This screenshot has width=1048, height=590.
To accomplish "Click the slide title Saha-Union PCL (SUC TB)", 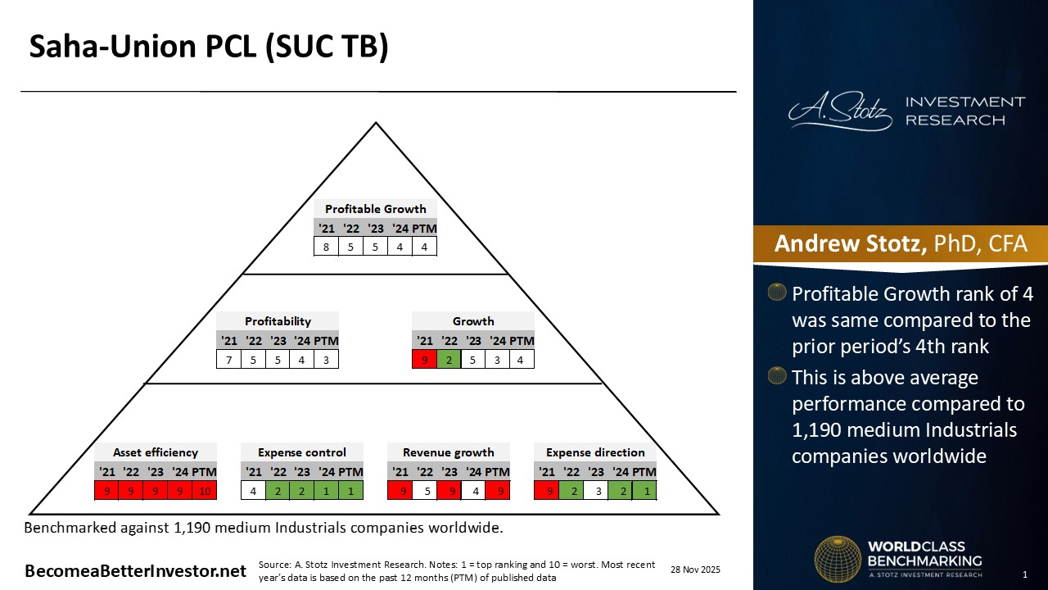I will [209, 48].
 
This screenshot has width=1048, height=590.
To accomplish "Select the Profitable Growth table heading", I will [375, 209].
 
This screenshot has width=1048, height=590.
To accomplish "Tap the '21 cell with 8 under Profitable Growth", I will [326, 246].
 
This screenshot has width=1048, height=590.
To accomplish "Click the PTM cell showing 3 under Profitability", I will [326, 359].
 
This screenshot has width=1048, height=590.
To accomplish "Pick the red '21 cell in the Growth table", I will [424, 359].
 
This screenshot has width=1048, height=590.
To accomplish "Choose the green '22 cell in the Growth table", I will [449, 359].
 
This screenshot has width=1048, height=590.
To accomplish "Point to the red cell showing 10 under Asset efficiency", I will [204, 491].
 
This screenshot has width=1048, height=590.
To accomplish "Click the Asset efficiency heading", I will [156, 452].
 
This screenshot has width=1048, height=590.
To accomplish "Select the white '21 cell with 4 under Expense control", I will [254, 491].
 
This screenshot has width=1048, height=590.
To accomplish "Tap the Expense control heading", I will [302, 452].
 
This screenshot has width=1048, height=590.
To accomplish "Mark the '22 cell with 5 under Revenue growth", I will [424, 491].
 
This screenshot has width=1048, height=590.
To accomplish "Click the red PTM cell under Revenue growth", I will [497, 491].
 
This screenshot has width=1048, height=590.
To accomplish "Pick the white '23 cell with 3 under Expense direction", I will [596, 491].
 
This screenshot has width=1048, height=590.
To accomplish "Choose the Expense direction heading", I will [595, 452].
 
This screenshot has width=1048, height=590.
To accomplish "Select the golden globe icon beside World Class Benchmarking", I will [837, 560].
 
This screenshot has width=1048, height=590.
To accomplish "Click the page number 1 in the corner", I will [1024, 574].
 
